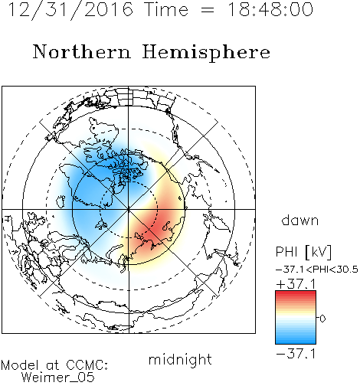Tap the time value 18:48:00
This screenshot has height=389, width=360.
click(270, 9)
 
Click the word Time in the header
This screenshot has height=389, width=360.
click(166, 9)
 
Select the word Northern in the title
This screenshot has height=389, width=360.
click(81, 51)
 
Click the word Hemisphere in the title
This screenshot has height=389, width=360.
click(206, 52)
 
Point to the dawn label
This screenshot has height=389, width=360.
click(300, 220)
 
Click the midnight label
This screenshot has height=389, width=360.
click(180, 359)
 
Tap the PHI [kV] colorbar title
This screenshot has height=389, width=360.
click(303, 252)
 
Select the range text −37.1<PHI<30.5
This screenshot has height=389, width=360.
click(317, 270)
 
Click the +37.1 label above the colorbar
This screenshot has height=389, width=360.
click(296, 284)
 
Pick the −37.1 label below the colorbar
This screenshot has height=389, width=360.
click(296, 354)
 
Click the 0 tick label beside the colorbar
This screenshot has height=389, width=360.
click(322, 319)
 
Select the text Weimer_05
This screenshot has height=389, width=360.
click(58, 378)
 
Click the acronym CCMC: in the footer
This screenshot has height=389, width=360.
click(87, 364)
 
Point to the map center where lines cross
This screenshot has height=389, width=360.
click(129, 210)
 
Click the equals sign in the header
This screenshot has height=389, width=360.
click(208, 10)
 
